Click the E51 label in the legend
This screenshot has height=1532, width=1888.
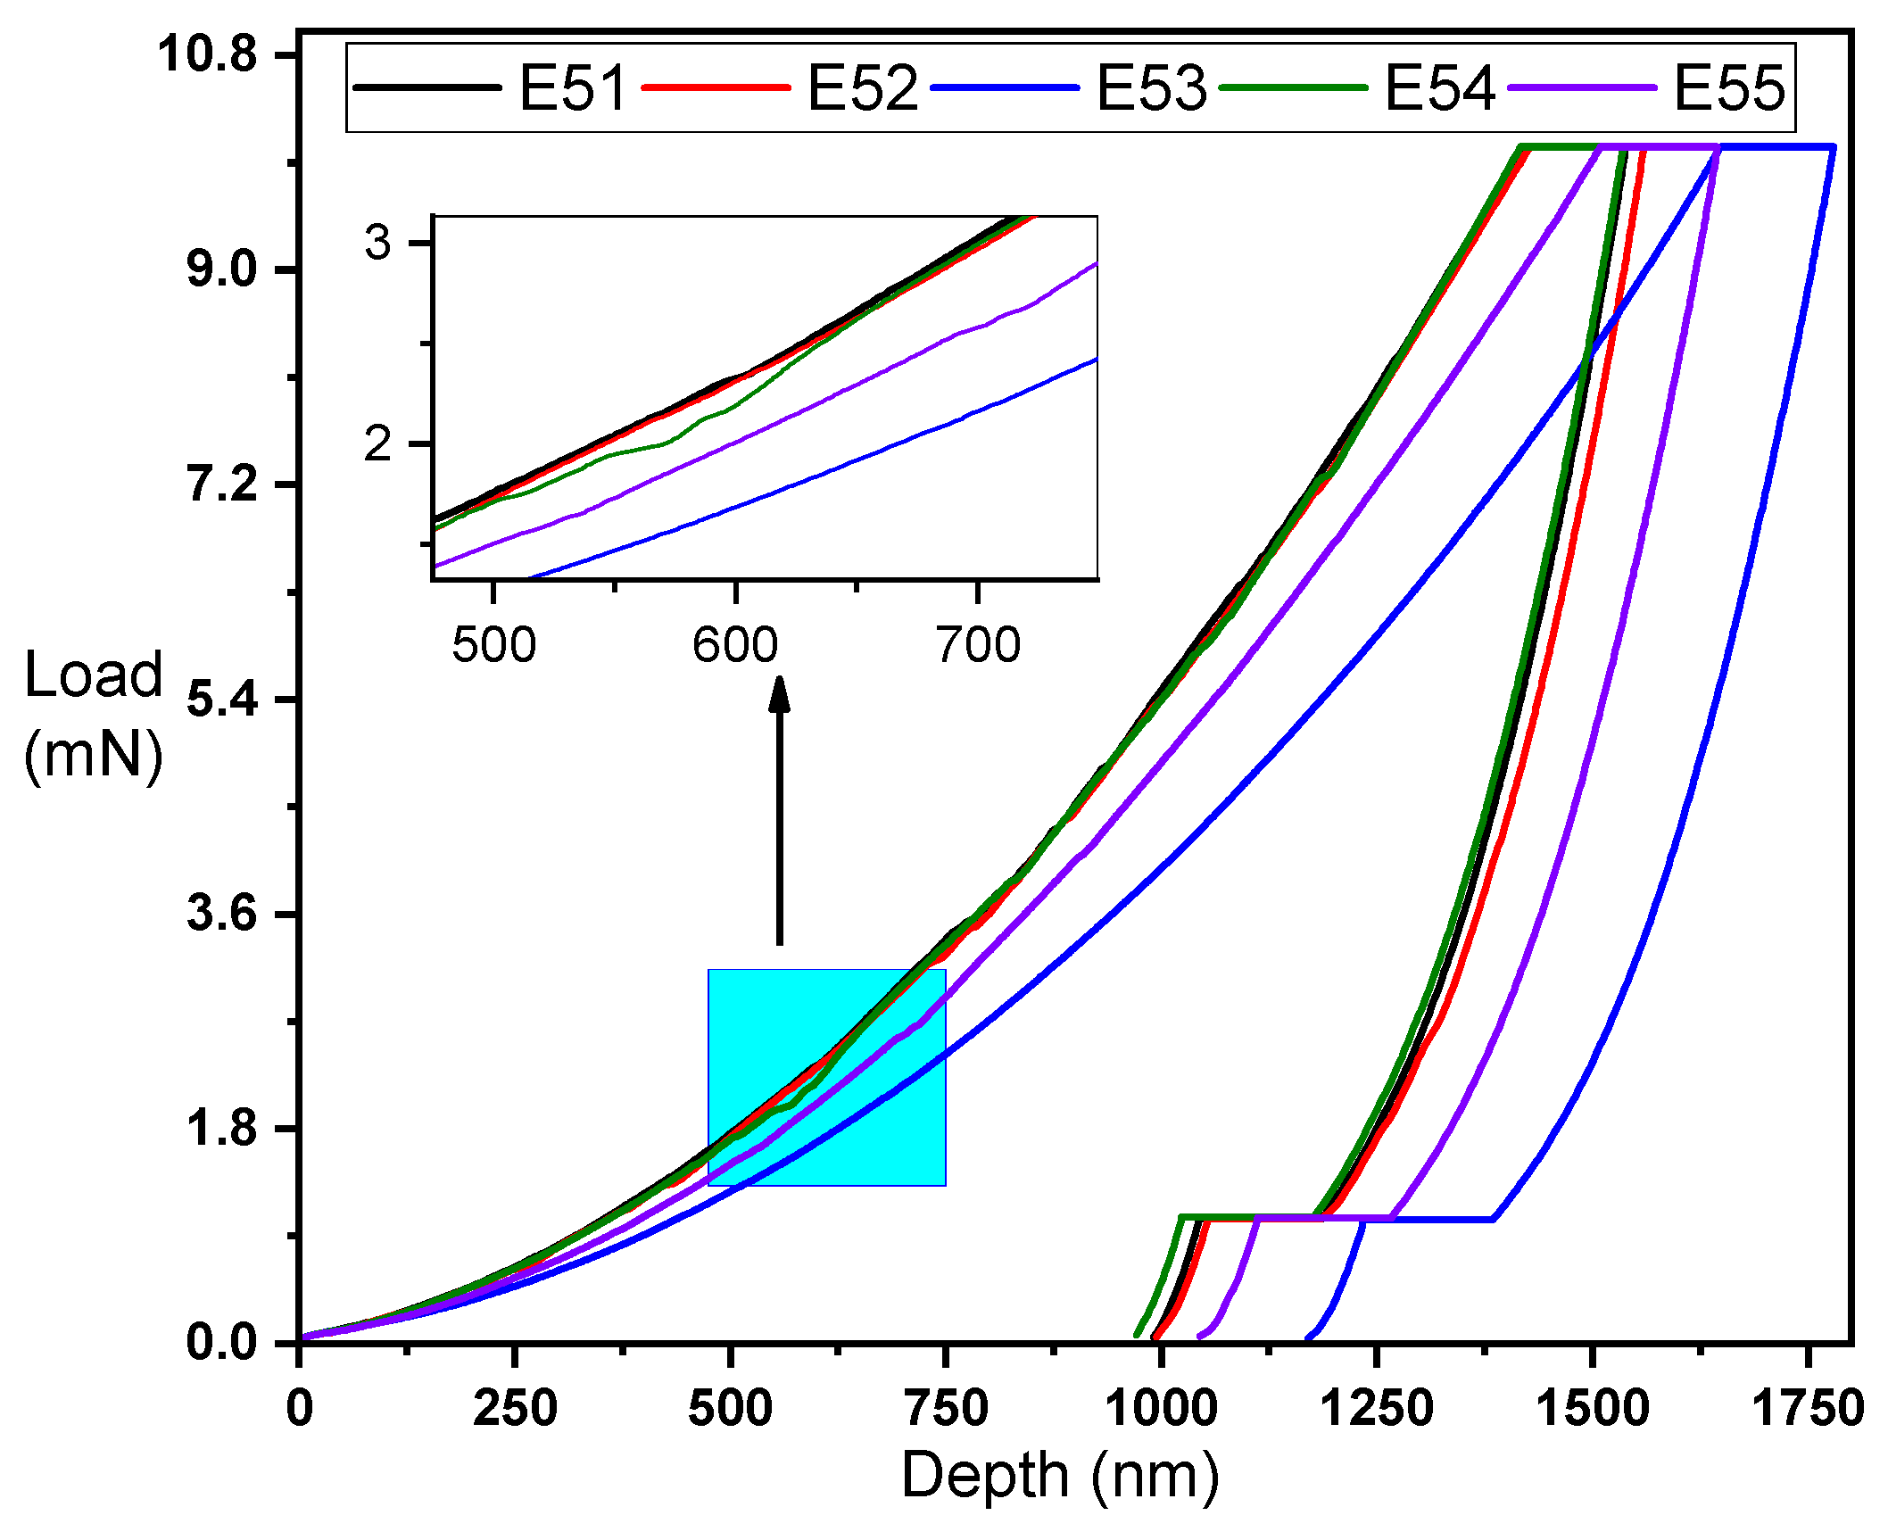pyautogui.click(x=573, y=88)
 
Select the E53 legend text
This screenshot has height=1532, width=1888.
pyautogui.click(x=1150, y=88)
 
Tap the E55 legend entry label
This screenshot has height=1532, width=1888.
pyautogui.click(x=1728, y=88)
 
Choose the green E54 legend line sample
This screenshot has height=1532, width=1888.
pyautogui.click(x=1293, y=87)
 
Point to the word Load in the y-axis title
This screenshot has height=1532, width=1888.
pyautogui.click(x=93, y=675)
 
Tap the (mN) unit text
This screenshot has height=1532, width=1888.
pyautogui.click(x=93, y=755)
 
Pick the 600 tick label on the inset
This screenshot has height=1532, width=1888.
pyautogui.click(x=735, y=644)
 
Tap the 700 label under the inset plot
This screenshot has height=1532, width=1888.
pyautogui.click(x=978, y=644)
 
